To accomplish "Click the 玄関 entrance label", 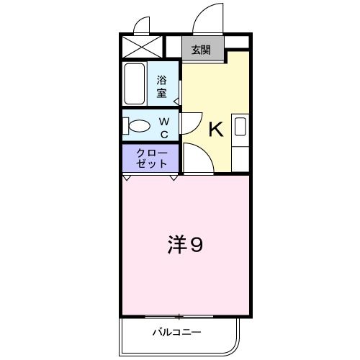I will (x=201, y=50).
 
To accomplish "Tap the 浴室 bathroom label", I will (x=162, y=86).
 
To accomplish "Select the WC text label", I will (x=163, y=128).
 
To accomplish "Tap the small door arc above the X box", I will (x=143, y=24).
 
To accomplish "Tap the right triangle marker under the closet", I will (x=173, y=177).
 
